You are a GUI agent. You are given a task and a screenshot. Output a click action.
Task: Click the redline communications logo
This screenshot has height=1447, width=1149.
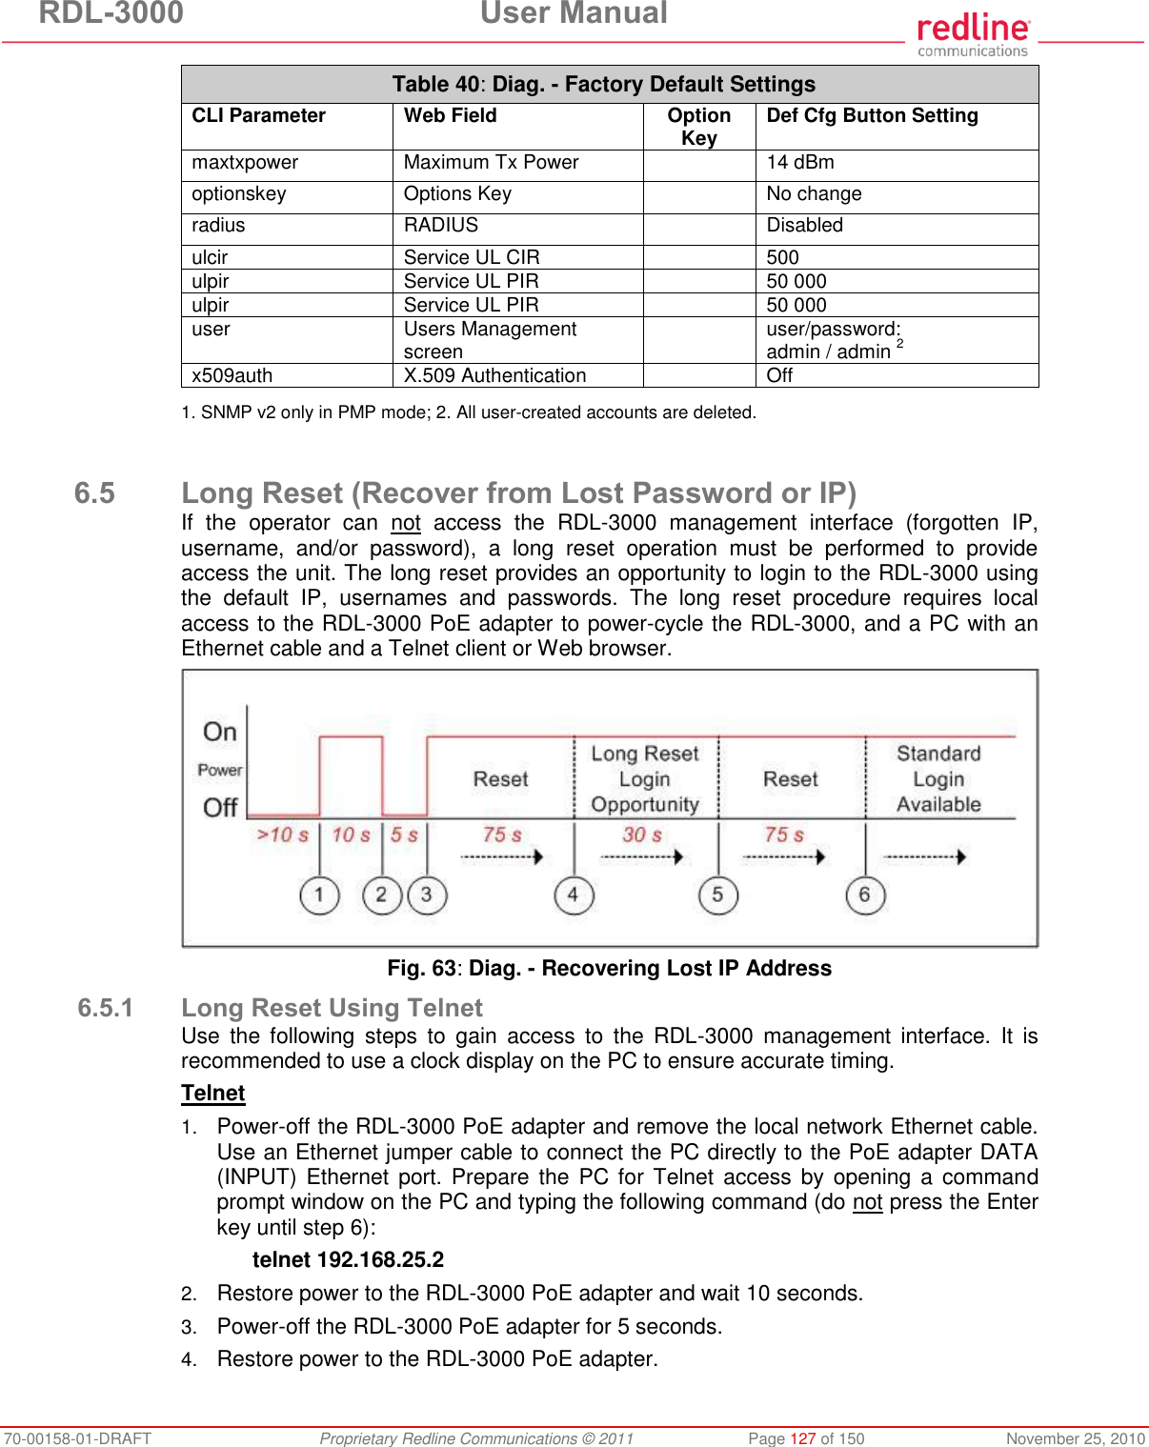click(973, 34)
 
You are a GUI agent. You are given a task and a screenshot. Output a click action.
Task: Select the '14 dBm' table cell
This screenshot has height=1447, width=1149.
click(800, 163)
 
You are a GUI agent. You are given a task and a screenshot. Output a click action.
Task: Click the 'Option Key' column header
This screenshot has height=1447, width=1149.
click(698, 127)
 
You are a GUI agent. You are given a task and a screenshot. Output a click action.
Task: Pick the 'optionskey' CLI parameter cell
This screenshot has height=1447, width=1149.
click(239, 194)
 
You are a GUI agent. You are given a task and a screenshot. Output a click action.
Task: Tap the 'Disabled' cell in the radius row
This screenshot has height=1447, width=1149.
click(804, 226)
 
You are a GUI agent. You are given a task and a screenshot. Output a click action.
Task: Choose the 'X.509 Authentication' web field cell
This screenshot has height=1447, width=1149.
click(494, 375)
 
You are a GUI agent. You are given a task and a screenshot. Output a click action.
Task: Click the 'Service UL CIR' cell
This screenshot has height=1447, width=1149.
click(472, 257)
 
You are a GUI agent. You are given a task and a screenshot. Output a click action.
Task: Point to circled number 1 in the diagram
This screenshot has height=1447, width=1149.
click(319, 895)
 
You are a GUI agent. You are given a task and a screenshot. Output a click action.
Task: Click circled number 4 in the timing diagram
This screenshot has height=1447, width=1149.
click(574, 895)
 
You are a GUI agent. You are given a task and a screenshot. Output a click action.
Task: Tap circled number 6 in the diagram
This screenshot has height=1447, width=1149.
click(864, 895)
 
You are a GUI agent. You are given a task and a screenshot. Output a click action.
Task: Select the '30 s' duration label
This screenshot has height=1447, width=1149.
click(642, 835)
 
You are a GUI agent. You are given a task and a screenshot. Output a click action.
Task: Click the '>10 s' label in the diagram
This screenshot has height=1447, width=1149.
click(283, 835)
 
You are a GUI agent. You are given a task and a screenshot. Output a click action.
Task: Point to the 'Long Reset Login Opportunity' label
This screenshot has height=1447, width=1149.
click(645, 779)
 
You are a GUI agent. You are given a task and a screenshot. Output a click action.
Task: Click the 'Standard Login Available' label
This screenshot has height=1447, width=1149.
click(938, 779)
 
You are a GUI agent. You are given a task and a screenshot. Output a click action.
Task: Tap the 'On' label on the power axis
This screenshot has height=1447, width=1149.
click(220, 732)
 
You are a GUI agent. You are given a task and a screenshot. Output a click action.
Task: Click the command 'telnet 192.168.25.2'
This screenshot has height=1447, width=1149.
click(348, 1259)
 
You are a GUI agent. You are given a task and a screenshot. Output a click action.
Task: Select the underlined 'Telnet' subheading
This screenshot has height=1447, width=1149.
click(213, 1094)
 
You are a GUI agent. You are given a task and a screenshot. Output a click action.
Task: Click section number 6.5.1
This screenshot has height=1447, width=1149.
click(106, 1008)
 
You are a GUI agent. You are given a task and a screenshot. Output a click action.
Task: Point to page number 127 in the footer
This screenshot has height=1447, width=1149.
click(803, 1438)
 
